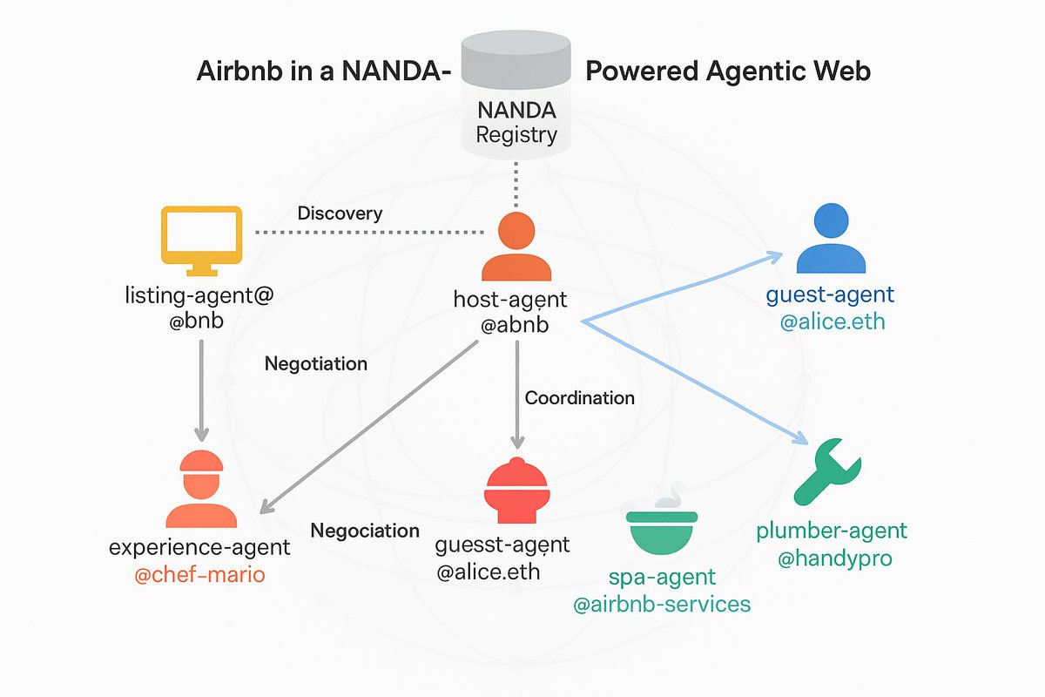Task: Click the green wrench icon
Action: click(826, 471)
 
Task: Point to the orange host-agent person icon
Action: click(516, 247)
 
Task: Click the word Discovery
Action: click(340, 213)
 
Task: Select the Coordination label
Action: click(579, 398)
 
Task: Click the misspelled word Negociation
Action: click(365, 531)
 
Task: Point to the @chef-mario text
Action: click(199, 575)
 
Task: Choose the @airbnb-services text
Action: click(661, 604)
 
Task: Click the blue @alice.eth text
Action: click(832, 321)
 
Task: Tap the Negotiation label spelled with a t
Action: click(315, 363)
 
